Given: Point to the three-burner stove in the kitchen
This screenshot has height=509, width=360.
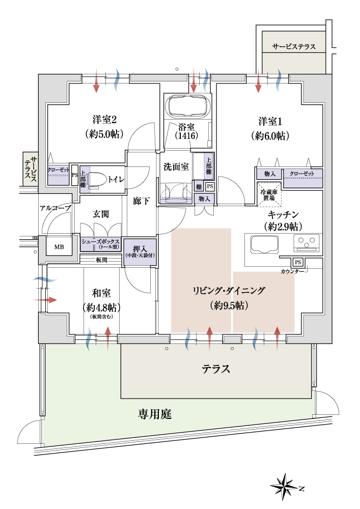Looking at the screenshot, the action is (x=307, y=243).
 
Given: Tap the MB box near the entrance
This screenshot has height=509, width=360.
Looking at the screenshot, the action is (x=59, y=247).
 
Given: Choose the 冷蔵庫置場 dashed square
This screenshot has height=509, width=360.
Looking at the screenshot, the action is (x=269, y=194).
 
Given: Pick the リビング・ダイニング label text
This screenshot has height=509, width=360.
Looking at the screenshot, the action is (x=229, y=291).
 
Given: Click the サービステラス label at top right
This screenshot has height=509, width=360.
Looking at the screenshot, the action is (x=294, y=47).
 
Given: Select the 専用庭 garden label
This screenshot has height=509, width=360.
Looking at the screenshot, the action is (x=154, y=414).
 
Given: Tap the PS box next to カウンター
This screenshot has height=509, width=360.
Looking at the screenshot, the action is (x=298, y=262).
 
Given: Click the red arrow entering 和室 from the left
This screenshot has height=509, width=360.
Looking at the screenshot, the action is (x=45, y=300).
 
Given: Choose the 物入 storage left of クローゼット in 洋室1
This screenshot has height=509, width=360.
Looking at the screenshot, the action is (x=270, y=174).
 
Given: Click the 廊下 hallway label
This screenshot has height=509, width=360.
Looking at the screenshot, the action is (x=141, y=201).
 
